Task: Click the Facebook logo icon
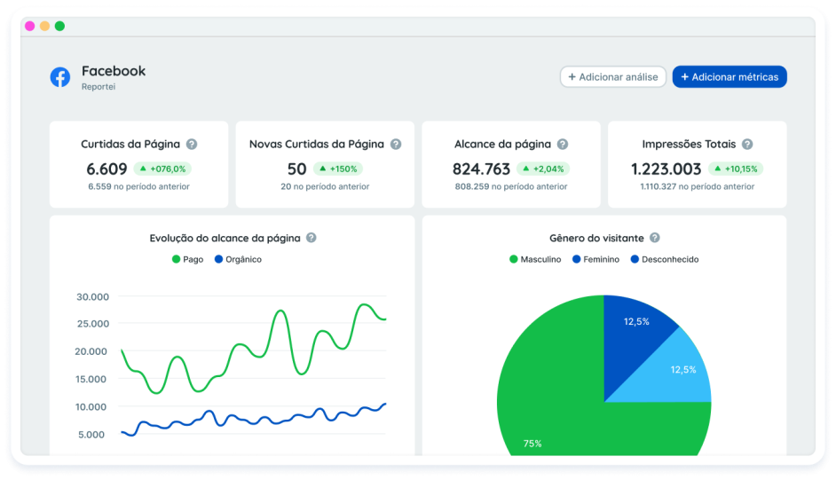pyautogui.click(x=60, y=77)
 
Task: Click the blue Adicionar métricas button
pyautogui.click(x=729, y=77)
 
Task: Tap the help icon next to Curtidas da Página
pyautogui.click(x=192, y=144)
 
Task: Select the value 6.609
pyautogui.click(x=107, y=169)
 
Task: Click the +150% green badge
pyautogui.click(x=337, y=169)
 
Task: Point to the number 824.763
pyautogui.click(x=481, y=169)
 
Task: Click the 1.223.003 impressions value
pyautogui.click(x=666, y=169)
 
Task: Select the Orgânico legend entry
pyautogui.click(x=237, y=259)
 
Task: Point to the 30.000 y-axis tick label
pyautogui.click(x=92, y=296)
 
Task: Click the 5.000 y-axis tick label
pyautogui.click(x=92, y=434)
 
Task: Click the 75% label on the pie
pyautogui.click(x=532, y=443)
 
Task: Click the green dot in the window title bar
pyautogui.click(x=59, y=26)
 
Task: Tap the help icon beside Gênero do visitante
pyautogui.click(x=654, y=238)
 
